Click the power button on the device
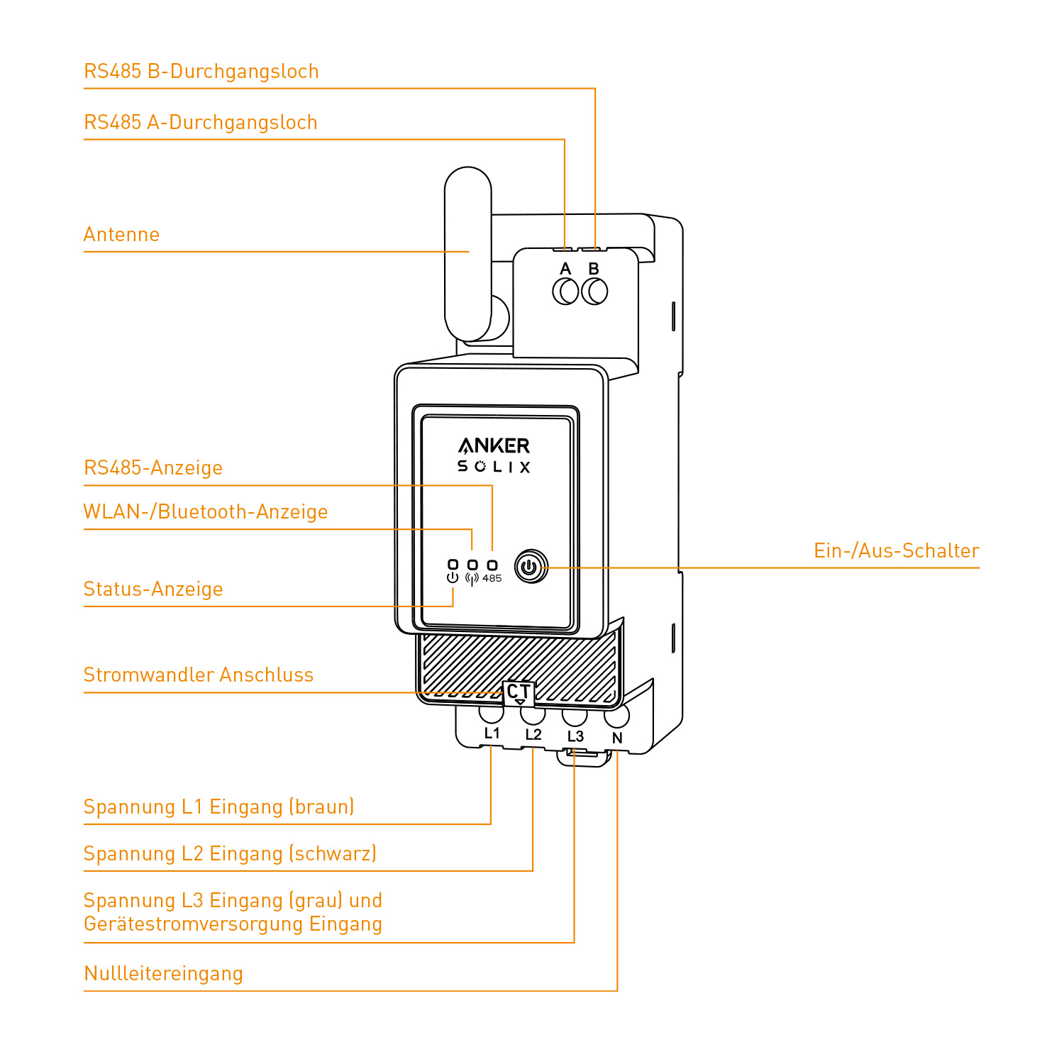531,567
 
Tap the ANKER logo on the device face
494,445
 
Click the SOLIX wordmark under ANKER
494,467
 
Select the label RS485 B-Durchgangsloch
201,72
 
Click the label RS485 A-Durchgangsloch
201,123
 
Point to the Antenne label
121,235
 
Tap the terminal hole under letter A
565,292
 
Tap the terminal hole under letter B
594,292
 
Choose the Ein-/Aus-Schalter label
896,551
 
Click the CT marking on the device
519,692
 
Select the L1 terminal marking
492,733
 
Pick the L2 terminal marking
533,734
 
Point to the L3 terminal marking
575,736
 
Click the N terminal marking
617,738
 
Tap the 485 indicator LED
492,565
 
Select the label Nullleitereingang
163,974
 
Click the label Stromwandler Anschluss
199,675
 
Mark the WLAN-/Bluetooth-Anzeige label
206,512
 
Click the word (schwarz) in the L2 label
333,854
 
